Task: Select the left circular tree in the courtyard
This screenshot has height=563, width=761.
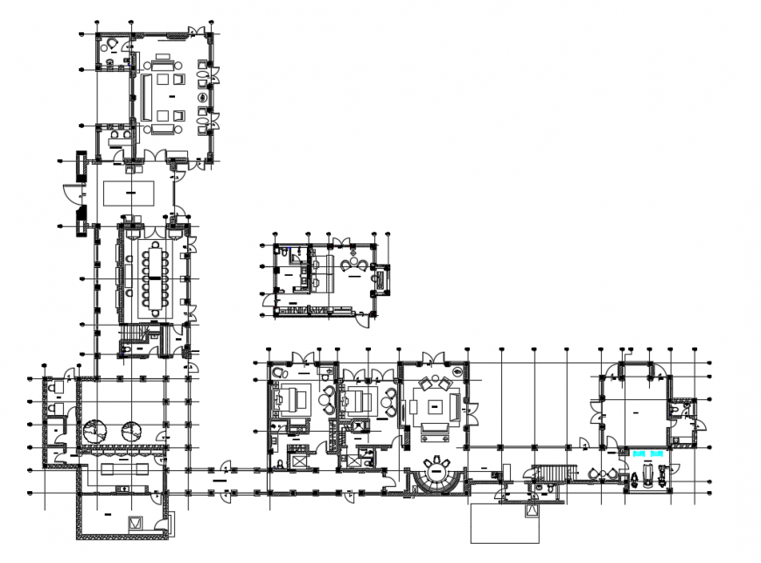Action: click(x=94, y=430)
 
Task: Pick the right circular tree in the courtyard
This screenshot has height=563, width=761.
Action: click(x=132, y=430)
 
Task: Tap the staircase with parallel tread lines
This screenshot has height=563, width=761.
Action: click(x=552, y=474)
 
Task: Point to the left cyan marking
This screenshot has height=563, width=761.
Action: click(x=639, y=454)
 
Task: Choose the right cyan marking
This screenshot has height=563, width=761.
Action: click(x=657, y=454)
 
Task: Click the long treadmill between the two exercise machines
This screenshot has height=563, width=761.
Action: click(x=648, y=475)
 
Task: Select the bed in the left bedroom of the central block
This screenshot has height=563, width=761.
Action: click(x=293, y=401)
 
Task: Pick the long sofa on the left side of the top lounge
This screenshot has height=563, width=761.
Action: click(x=146, y=96)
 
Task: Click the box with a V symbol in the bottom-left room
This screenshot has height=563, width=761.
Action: click(x=136, y=524)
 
